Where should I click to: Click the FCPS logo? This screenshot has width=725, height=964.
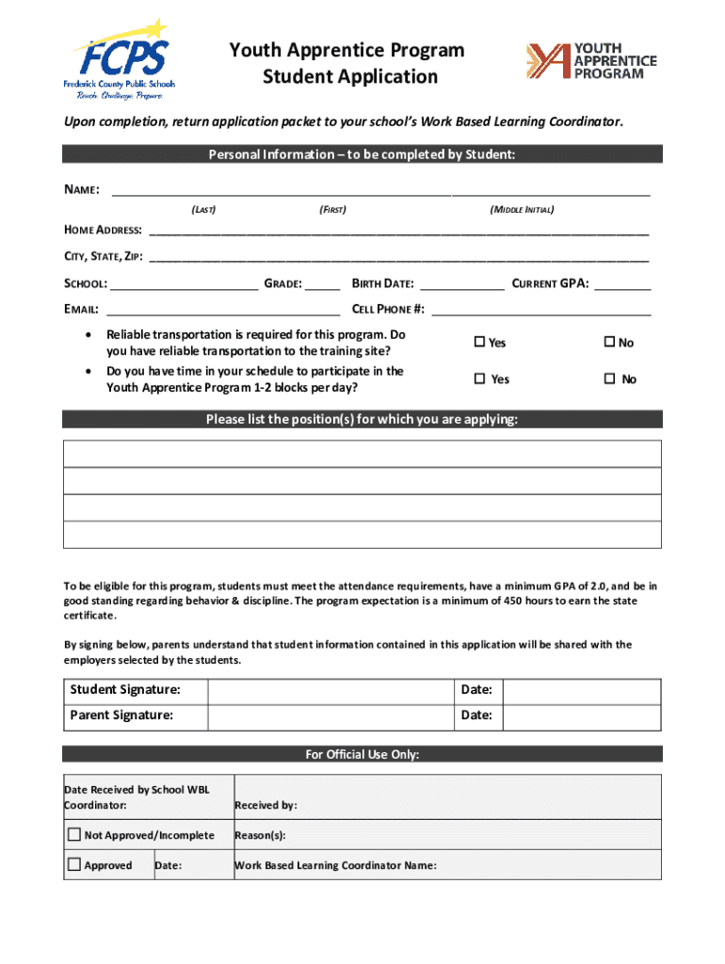point(119,59)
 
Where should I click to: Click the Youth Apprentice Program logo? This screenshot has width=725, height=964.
point(590,61)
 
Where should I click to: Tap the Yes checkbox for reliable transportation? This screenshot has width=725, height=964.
point(479,343)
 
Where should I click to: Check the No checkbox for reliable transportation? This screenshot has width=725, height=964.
point(609,343)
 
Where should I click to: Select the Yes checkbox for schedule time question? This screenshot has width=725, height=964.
point(479,378)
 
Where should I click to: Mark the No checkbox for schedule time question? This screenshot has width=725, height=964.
point(609,378)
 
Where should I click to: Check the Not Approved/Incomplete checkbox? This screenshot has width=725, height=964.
point(73,835)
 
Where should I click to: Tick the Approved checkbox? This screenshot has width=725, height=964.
point(73,865)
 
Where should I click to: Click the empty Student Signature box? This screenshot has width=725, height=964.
point(330,691)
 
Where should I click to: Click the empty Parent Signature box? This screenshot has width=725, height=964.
point(330,715)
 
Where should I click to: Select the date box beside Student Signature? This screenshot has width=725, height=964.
point(581,691)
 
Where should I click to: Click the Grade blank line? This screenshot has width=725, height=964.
point(323,284)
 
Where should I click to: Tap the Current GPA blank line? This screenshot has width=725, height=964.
point(622,284)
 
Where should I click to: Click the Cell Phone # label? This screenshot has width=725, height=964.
point(388,309)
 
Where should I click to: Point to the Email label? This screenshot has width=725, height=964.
point(82,309)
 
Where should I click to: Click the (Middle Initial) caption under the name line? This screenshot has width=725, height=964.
point(522,209)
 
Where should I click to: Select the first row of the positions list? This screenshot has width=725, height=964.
point(362,455)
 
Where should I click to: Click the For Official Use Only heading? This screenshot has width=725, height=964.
point(362,754)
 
